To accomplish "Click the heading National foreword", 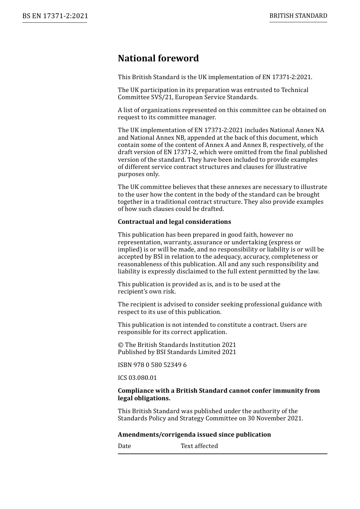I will click(x=158, y=58).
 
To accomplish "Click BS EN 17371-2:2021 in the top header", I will click(x=55, y=16).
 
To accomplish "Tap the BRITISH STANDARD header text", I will click(x=298, y=16).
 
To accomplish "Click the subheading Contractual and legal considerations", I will click(x=174, y=222).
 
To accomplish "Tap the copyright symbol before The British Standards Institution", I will click(x=121, y=345).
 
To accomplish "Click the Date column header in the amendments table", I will click(x=124, y=446).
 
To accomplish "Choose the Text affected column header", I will click(x=199, y=446).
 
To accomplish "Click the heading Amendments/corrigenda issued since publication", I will click(x=194, y=435).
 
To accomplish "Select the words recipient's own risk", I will click(x=147, y=292).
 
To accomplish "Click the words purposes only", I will click(x=139, y=174).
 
